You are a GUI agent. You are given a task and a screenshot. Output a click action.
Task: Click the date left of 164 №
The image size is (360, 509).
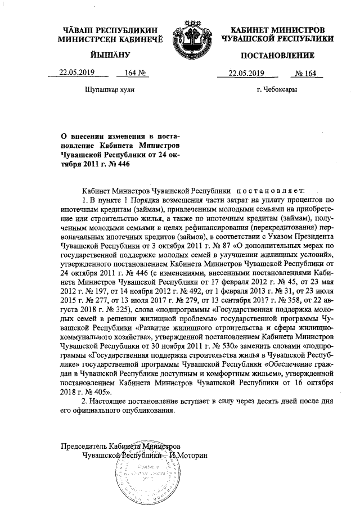coord(78,73)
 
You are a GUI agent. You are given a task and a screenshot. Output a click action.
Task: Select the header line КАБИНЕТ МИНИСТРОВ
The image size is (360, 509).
coord(278,29)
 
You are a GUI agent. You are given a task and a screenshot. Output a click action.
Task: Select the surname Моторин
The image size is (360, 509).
coord(191,454)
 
